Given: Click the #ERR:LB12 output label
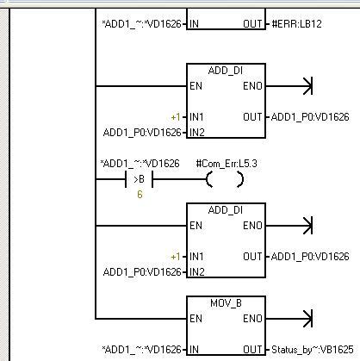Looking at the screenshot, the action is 296,24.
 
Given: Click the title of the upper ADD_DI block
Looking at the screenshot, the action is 226,71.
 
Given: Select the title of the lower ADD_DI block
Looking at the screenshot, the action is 226,210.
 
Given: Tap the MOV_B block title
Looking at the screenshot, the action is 226,303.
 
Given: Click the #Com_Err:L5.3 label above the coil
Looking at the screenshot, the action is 227,164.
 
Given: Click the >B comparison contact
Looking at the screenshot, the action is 140,179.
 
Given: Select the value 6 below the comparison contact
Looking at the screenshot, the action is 140,195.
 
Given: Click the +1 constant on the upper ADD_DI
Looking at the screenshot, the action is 176,117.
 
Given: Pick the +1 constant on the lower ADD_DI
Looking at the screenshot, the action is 176,257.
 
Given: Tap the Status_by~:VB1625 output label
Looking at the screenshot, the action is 313,350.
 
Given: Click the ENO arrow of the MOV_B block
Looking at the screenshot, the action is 289,319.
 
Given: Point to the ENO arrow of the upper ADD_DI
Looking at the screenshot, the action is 289,86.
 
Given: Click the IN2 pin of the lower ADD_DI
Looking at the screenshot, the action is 197,272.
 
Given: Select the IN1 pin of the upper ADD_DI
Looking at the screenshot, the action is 196,117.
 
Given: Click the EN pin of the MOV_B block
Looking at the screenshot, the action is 196,319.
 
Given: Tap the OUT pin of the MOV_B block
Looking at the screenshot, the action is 252,350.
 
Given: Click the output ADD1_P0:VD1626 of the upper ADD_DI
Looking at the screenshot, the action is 310,117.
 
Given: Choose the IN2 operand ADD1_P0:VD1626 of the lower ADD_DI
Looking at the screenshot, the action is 142,272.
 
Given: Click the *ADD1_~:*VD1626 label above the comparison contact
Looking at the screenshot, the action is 140,164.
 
